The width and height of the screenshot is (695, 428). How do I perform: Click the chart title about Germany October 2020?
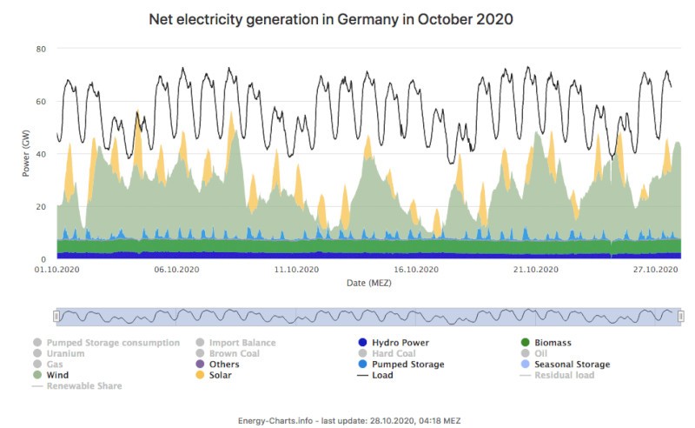[330, 18]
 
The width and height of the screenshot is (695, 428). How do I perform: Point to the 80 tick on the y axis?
[41, 49]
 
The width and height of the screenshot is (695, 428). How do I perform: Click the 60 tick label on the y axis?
[41, 102]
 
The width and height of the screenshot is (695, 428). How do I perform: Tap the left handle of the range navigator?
[56, 316]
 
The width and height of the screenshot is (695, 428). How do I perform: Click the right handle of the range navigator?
[681, 316]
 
